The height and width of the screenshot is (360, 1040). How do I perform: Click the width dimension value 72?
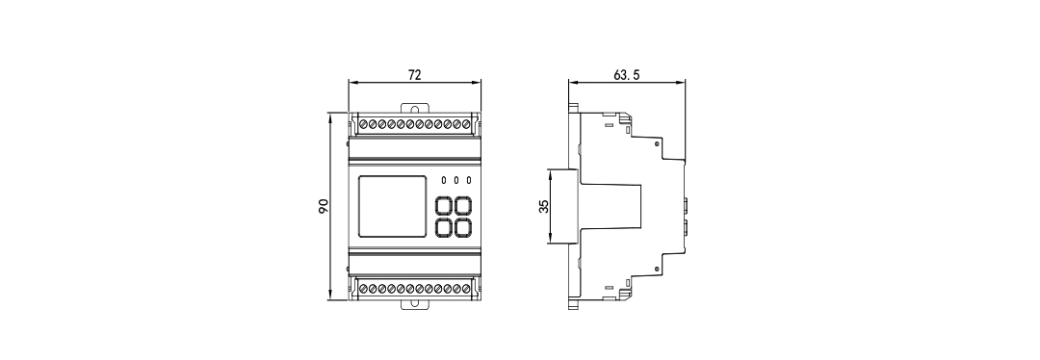pyautogui.click(x=415, y=74)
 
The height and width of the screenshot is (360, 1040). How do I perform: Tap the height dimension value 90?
pyautogui.click(x=325, y=205)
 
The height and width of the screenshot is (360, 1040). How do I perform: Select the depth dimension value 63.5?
pyautogui.click(x=626, y=74)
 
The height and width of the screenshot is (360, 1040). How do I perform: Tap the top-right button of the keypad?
pyautogui.click(x=464, y=206)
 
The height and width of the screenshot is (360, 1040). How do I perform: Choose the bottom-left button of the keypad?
pyautogui.click(x=446, y=227)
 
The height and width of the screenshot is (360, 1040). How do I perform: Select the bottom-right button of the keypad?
pyautogui.click(x=464, y=227)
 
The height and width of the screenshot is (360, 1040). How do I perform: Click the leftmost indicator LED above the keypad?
pyautogui.click(x=444, y=181)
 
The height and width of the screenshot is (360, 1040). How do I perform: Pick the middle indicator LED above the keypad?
pyautogui.click(x=456, y=181)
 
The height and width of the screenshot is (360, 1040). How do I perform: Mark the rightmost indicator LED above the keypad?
pyautogui.click(x=469, y=181)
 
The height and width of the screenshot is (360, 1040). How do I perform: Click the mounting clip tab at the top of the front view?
pyautogui.click(x=415, y=109)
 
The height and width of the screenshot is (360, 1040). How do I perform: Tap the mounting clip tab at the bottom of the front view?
pyautogui.click(x=415, y=304)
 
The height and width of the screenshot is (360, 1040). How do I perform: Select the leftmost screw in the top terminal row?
pyautogui.click(x=363, y=125)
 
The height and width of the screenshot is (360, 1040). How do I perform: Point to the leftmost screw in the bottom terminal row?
pyautogui.click(x=363, y=288)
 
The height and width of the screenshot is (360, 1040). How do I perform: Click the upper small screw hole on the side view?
pyautogui.click(x=657, y=144)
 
